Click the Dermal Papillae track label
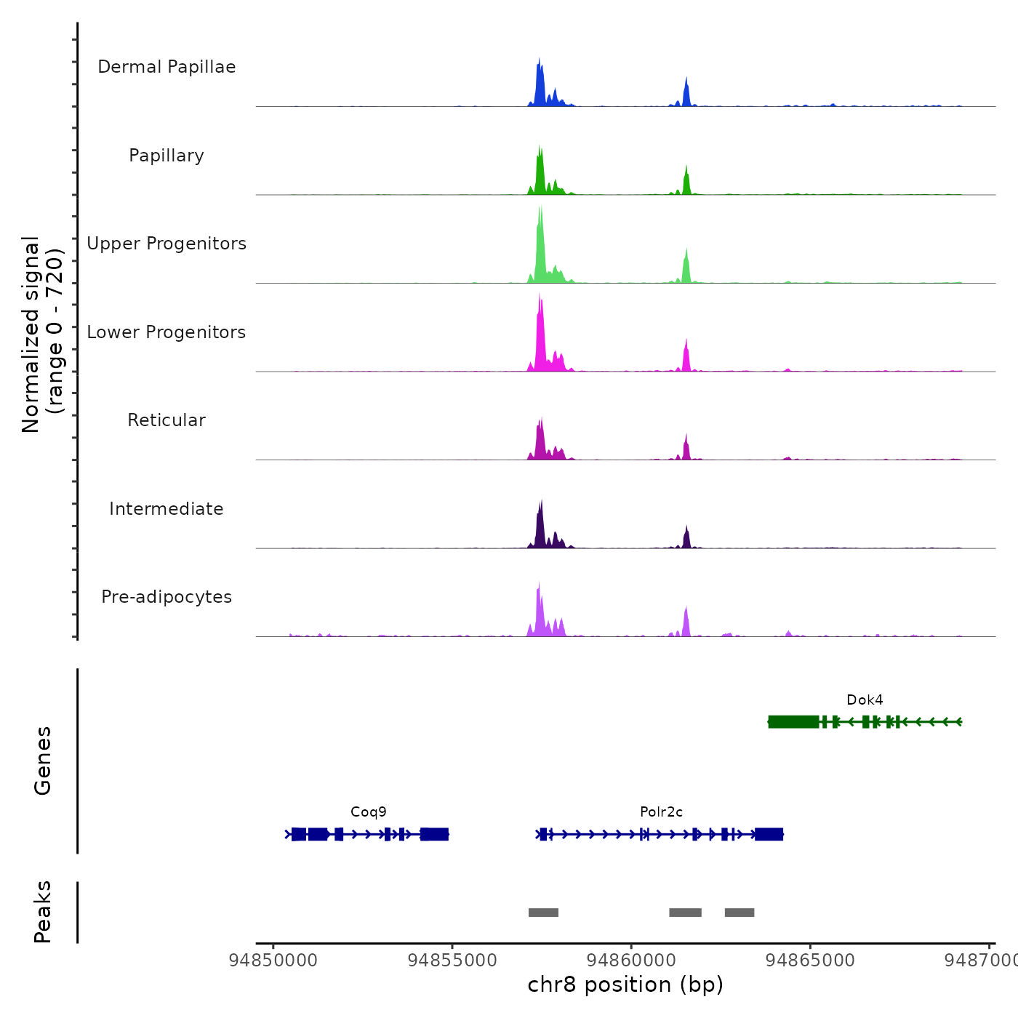coord(167,67)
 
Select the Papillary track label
coord(167,156)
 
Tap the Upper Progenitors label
coord(167,244)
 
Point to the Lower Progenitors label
coord(167,332)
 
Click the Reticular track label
coord(167,420)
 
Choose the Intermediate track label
coord(167,509)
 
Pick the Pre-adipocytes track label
coord(167,597)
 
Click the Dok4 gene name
coord(865,700)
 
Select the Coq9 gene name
coord(369,812)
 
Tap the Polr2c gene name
coord(661,812)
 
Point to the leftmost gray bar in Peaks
coord(543,913)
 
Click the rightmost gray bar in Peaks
coord(740,913)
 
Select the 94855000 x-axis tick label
coord(452,961)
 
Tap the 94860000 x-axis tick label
coord(631,961)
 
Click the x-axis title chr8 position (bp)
coord(625,985)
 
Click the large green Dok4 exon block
coord(793,721)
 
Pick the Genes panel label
coord(43,761)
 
